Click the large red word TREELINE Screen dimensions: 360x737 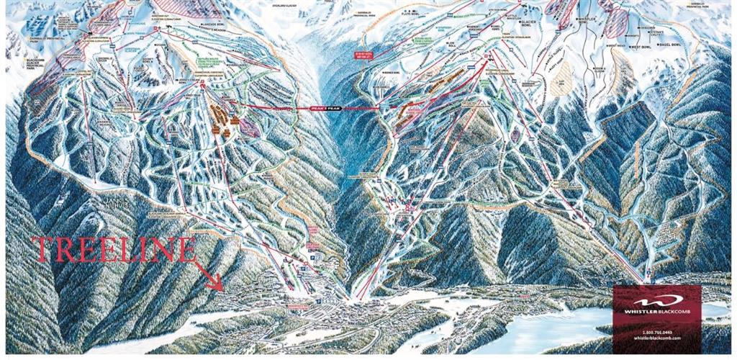tap(114, 250)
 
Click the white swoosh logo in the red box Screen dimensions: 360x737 tap(656, 302)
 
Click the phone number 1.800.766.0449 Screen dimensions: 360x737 tap(656, 330)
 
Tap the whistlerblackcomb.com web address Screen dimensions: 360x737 tap(656, 336)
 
